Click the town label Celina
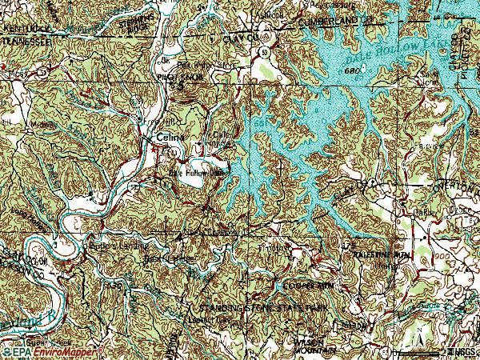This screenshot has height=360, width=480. coord(170,137)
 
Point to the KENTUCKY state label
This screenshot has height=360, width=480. coord(22,26)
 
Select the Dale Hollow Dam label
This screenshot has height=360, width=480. coord(197,172)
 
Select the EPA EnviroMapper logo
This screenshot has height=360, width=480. coord(54,351)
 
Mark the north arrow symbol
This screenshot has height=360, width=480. coord(450,350)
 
